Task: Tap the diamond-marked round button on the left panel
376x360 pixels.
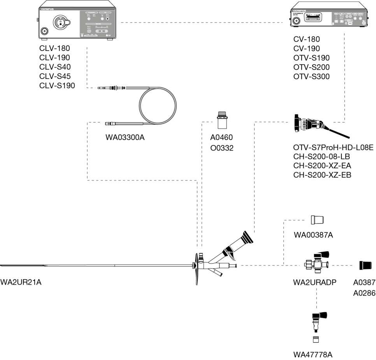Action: [x=107, y=19]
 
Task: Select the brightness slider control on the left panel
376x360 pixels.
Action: [x=102, y=31]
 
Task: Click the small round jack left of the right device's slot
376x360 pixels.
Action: [x=297, y=21]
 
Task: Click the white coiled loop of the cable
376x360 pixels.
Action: [x=158, y=105]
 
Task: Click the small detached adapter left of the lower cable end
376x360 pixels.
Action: [x=109, y=124]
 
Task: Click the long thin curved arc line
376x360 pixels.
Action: [x=196, y=269]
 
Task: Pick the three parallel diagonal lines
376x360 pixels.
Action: [x=246, y=238]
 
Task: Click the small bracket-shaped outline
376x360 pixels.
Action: [x=318, y=255]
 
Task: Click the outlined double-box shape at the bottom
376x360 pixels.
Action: [x=320, y=316]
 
